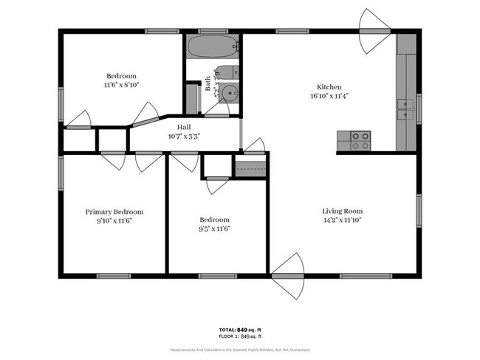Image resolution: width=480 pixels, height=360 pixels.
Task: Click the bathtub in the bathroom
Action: [213, 47]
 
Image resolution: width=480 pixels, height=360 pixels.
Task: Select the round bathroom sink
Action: [230, 94]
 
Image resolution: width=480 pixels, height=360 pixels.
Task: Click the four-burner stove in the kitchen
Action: [359, 140]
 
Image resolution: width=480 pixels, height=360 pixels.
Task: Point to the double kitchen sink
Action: [405, 109]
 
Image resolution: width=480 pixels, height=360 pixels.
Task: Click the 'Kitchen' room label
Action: [329, 86]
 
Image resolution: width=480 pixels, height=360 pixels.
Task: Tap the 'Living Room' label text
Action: [342, 211]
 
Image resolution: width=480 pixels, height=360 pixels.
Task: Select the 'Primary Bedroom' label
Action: [114, 211]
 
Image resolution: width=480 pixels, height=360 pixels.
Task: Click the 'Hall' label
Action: [184, 127]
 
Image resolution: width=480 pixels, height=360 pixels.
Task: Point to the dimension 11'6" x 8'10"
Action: [121, 85]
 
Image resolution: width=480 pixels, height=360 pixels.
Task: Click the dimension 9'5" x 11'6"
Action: [214, 229]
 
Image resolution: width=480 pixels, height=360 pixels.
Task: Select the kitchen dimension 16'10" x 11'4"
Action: [329, 95]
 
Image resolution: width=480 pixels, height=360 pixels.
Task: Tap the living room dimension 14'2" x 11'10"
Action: [342, 220]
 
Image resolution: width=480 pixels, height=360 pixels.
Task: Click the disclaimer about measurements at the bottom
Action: [239, 349]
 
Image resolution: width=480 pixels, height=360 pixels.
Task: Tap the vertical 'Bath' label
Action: [208, 83]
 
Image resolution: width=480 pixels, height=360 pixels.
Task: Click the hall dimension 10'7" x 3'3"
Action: [184, 136]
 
